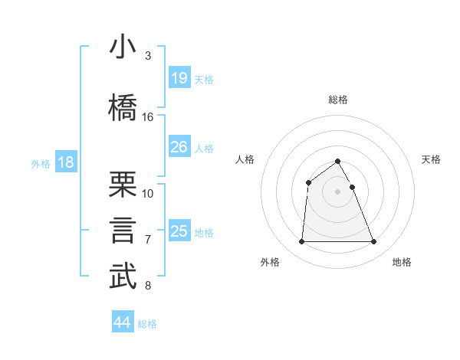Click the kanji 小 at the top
[123, 48]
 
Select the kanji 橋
[123, 106]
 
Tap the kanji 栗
[123, 184]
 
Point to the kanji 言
[123, 230]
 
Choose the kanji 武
[123, 277]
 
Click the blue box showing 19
[179, 78]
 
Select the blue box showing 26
[179, 147]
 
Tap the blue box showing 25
[179, 231]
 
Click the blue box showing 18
[66, 162]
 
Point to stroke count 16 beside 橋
[148, 117]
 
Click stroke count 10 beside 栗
[148, 193]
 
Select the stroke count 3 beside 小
[148, 56]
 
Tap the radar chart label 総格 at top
[338, 100]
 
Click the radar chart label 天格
[432, 159]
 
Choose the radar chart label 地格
[402, 262]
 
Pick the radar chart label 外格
[270, 262]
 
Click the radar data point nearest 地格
[374, 242]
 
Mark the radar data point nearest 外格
[301, 242]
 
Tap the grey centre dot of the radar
[338, 191]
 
